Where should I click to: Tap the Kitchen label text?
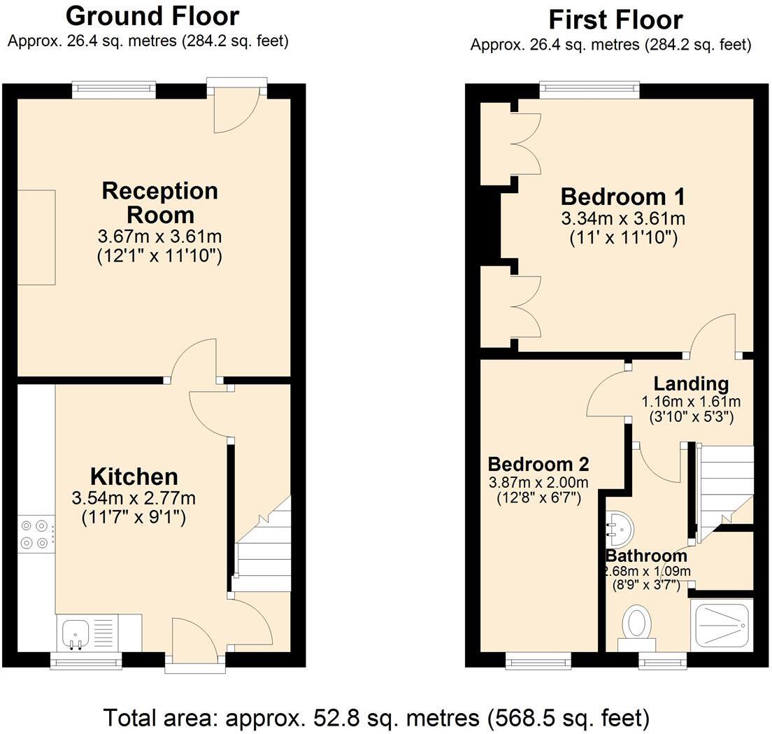134,477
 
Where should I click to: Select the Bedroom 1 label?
622,196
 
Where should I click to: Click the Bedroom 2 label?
538,464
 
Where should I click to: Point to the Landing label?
691,383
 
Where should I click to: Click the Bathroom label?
646,556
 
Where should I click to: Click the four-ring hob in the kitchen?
35,533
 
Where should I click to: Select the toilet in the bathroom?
636,625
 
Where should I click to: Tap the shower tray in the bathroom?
722,625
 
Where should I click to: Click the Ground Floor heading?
152,15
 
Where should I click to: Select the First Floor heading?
615,18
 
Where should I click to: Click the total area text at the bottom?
376,717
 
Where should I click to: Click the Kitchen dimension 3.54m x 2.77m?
134,498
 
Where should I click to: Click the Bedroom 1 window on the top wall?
589,88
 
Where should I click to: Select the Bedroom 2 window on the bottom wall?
538,658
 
